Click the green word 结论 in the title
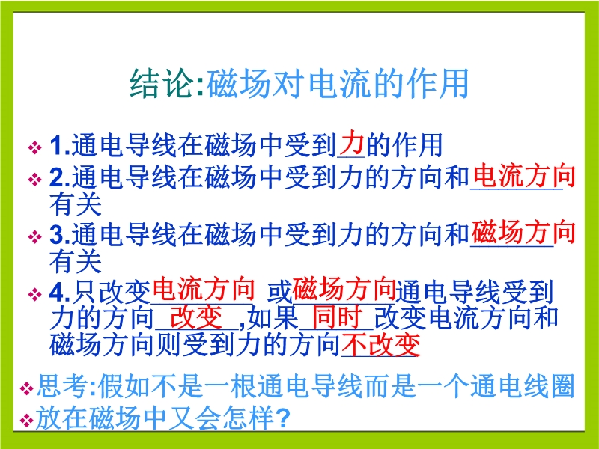click(x=161, y=84)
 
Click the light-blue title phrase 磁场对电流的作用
click(x=338, y=84)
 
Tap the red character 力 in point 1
click(x=351, y=142)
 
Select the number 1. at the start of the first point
click(x=60, y=146)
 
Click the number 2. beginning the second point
click(x=60, y=177)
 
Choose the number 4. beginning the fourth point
click(x=60, y=293)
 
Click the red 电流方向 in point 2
click(x=524, y=176)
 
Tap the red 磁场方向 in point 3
click(x=523, y=232)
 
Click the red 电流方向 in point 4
click(x=204, y=290)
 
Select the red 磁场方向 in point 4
click(x=344, y=290)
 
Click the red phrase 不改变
click(x=381, y=344)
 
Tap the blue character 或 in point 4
click(x=279, y=293)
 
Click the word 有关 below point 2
click(x=76, y=204)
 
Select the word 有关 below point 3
click(x=76, y=261)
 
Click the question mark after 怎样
click(x=282, y=418)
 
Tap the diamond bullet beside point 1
click(x=34, y=147)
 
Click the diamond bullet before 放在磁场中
click(x=26, y=420)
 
